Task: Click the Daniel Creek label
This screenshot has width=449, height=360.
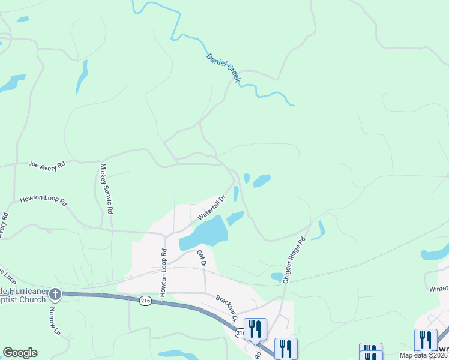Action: [223, 67]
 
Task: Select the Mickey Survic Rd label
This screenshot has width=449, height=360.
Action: [107, 190]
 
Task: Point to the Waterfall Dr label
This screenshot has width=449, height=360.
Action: [211, 206]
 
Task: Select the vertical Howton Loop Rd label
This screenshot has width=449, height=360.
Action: [163, 272]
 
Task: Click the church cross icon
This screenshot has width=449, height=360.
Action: [55, 294]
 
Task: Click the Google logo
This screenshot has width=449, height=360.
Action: [20, 353]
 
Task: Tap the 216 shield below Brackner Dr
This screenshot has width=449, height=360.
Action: [240, 333]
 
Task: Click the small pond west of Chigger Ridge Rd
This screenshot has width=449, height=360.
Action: [277, 277]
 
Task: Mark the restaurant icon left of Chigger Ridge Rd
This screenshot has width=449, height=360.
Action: [255, 328]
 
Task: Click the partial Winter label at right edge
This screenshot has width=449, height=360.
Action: [439, 288]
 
